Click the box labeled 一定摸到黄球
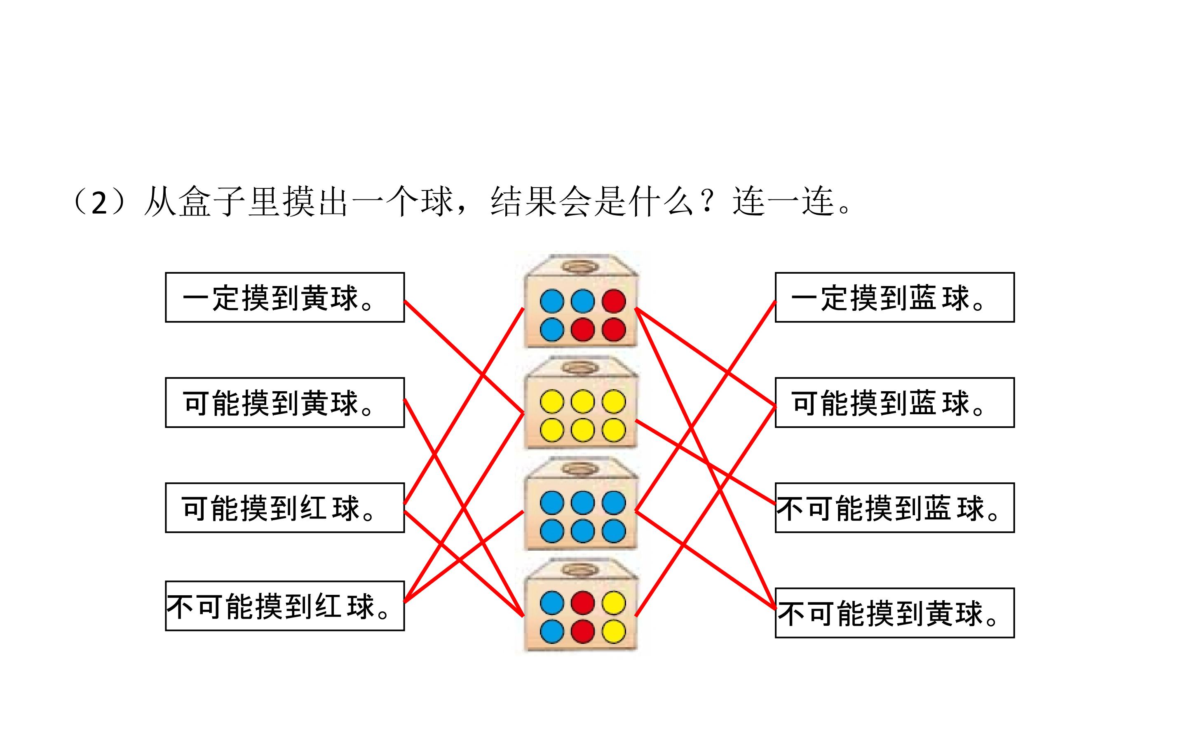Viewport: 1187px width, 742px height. pos(285,297)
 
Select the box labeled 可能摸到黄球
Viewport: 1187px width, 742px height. pos(285,402)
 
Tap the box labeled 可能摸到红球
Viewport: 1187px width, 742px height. pos(285,507)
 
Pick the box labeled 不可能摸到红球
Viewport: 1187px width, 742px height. pos(285,606)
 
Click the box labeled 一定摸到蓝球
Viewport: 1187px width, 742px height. pos(895,297)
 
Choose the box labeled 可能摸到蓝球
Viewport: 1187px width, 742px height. pos(895,402)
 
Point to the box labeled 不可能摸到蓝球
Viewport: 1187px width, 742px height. pos(895,507)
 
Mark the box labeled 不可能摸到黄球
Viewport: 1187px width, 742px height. pos(895,613)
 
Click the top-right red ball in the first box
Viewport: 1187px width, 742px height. pos(614,301)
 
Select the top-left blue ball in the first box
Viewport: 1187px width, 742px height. pos(552,301)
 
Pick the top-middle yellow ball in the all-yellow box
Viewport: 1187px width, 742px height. pos(583,402)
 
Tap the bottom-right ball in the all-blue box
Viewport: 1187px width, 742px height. pos(614,531)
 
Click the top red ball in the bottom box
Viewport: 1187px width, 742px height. pos(583,603)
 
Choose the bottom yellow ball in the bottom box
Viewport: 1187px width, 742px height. pos(614,631)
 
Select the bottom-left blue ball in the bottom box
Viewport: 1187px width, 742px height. pos(552,631)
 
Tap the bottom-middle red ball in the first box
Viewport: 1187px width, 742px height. pos(583,329)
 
